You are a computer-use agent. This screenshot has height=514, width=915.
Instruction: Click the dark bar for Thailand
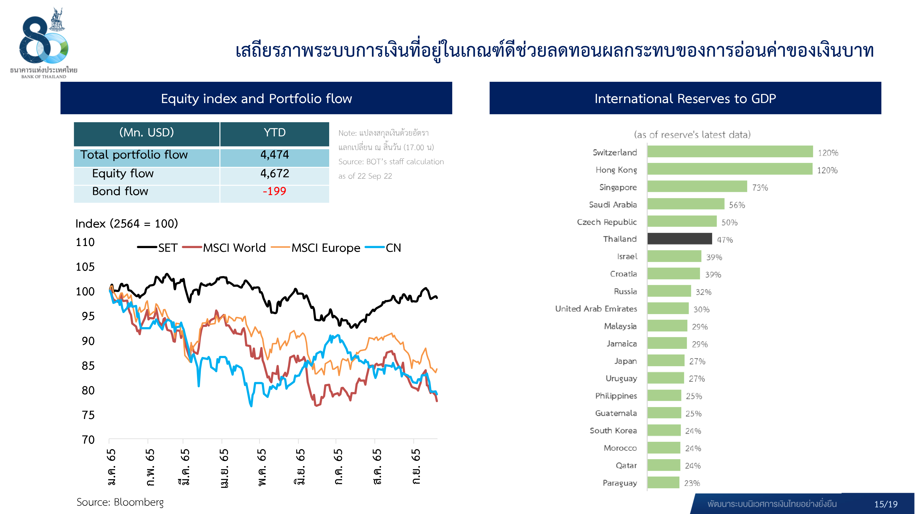click(679, 239)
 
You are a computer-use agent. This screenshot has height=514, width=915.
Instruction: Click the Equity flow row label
click(123, 173)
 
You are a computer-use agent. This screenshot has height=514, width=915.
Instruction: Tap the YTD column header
click(274, 133)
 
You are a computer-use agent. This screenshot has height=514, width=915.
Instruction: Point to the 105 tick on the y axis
click(85, 267)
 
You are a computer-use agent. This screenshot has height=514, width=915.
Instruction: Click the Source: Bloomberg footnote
click(120, 502)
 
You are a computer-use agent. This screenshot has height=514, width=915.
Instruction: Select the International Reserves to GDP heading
click(685, 99)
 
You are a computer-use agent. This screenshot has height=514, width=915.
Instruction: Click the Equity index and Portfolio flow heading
click(256, 99)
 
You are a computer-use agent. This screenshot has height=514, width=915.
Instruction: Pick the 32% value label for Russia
click(703, 292)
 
